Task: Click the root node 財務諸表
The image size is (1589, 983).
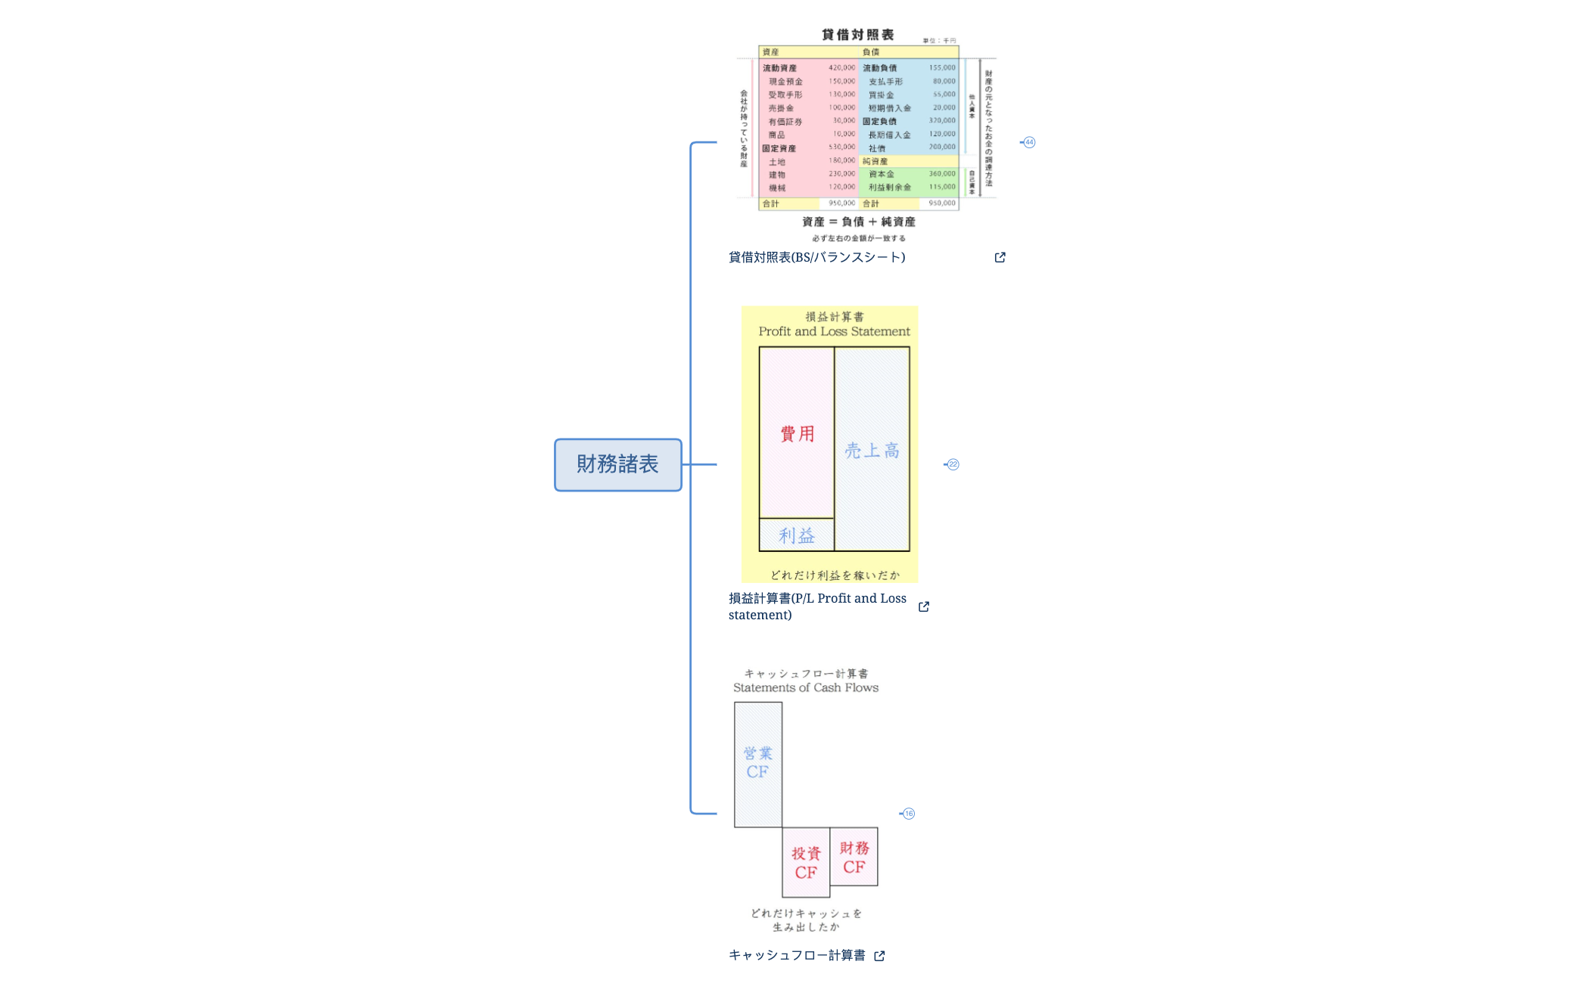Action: point(617,464)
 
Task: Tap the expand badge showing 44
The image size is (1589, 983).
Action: point(1029,142)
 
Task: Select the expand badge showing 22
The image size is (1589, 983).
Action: point(953,464)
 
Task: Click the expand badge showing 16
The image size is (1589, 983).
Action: point(909,814)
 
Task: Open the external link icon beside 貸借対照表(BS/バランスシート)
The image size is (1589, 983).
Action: point(1000,257)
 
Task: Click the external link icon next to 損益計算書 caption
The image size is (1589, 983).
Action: point(924,606)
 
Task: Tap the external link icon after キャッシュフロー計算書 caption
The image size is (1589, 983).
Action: point(879,956)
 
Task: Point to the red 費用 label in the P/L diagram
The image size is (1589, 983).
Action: point(797,434)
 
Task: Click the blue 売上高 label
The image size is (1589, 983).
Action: point(872,451)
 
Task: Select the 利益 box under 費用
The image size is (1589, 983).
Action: point(797,535)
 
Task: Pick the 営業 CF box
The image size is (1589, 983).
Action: point(757,763)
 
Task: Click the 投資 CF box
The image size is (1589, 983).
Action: point(806,863)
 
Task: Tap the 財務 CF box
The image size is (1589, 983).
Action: point(854,857)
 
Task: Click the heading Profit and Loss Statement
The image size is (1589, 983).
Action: point(834,331)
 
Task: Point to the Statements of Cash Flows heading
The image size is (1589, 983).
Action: point(805,687)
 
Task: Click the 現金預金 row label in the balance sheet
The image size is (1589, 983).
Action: point(785,82)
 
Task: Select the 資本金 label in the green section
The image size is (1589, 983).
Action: point(881,175)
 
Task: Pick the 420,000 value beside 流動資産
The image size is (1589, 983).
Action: point(841,68)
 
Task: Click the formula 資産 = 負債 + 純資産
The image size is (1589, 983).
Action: point(859,222)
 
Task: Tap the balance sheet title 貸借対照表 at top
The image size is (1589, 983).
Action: point(858,35)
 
